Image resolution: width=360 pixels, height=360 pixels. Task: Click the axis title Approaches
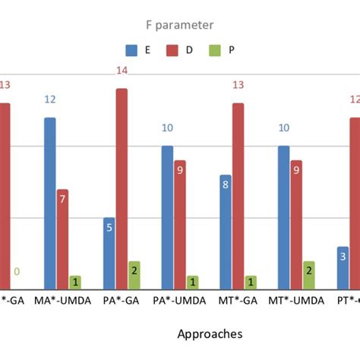(210, 333)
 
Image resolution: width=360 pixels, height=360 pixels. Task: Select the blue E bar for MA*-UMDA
(50, 204)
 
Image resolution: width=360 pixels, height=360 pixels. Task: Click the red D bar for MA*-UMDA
(63, 239)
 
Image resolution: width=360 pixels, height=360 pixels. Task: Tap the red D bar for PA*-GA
(122, 189)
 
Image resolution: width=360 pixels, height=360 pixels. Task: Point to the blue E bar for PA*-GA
(109, 253)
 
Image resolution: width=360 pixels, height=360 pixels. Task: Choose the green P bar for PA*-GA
(134, 275)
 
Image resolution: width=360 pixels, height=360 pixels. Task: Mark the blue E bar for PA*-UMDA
(167, 217)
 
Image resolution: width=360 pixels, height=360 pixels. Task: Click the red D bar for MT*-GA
(238, 196)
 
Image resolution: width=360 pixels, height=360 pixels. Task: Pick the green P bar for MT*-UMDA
(309, 275)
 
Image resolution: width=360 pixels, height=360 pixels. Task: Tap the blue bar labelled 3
(343, 267)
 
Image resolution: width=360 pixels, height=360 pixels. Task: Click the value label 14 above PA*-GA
(122, 71)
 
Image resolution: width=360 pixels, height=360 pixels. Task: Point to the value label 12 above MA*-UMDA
(50, 99)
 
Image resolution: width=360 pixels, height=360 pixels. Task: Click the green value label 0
(16, 272)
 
